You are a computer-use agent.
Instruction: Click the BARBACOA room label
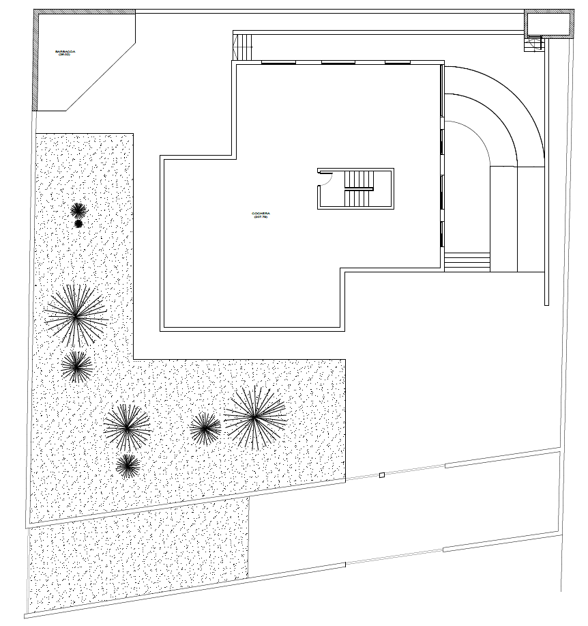click(x=65, y=53)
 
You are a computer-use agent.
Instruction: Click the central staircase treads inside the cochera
click(x=359, y=189)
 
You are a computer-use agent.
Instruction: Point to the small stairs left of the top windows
click(x=244, y=47)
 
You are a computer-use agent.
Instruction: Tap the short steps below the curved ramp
click(x=467, y=261)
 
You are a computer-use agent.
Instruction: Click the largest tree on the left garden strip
click(x=76, y=315)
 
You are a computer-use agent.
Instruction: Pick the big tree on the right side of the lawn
click(x=255, y=416)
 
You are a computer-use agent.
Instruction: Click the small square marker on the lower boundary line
click(x=382, y=475)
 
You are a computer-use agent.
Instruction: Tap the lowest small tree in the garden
click(x=128, y=466)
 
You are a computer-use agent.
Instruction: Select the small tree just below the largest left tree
click(x=77, y=366)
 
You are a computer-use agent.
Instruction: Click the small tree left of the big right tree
click(x=205, y=428)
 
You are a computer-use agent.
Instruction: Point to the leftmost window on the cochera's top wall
click(x=278, y=63)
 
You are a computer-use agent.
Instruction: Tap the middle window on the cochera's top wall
click(x=338, y=63)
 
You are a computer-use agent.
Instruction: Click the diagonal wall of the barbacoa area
click(x=101, y=76)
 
